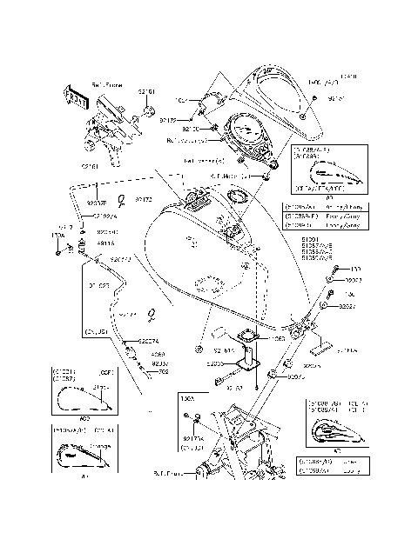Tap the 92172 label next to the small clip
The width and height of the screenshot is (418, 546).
(x=144, y=199)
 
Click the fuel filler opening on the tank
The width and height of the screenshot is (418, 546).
(x=233, y=232)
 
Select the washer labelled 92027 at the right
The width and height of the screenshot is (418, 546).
(x=324, y=306)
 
